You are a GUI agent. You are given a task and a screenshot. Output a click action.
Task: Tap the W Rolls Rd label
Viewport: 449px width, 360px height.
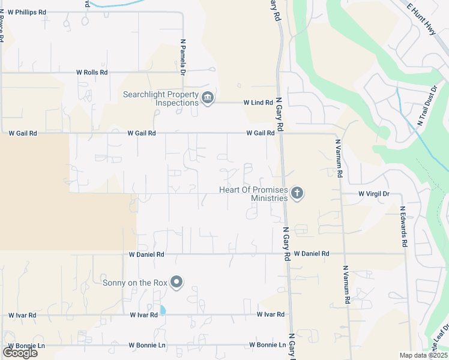pyautogui.click(x=92, y=72)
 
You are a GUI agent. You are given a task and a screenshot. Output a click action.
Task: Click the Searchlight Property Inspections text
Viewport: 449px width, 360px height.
pyautogui.click(x=160, y=98)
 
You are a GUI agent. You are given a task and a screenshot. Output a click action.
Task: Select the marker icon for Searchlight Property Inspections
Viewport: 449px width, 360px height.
pyautogui.click(x=208, y=98)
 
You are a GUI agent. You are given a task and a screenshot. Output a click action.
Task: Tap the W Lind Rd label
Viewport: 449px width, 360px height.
pyautogui.click(x=258, y=103)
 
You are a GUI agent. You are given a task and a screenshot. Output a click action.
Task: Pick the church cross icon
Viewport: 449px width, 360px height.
pyautogui.click(x=296, y=193)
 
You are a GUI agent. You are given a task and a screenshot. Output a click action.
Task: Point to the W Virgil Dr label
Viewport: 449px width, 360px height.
pyautogui.click(x=374, y=194)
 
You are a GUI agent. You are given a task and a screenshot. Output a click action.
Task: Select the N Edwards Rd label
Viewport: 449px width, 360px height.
pyautogui.click(x=404, y=227)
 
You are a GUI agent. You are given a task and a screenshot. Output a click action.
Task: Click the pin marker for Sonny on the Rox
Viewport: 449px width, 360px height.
pyautogui.click(x=176, y=282)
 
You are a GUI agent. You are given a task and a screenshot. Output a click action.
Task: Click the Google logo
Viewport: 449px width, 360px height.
pyautogui.click(x=20, y=352)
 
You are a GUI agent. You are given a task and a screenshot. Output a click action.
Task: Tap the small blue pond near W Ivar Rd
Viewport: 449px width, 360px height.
pyautogui.click(x=163, y=310)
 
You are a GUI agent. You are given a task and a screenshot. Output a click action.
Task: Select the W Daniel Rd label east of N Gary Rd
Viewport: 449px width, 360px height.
pyautogui.click(x=312, y=254)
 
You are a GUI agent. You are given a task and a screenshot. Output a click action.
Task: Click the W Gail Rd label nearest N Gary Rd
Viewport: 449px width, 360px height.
pyautogui.click(x=261, y=133)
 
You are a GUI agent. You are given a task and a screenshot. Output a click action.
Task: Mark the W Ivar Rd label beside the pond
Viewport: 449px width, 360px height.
pyautogui.click(x=143, y=314)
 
